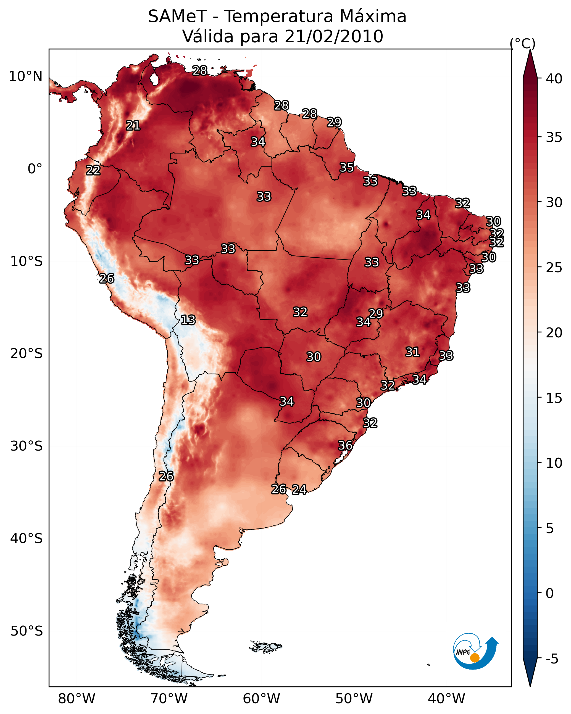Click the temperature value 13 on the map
coord(188,320)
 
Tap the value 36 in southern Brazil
coord(345,445)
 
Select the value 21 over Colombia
coord(133,126)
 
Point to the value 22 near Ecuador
coord(93,170)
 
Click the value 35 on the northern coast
coord(347,168)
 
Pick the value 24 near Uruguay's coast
coord(299,490)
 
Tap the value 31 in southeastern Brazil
coord(413,352)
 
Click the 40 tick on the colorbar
coord(554,79)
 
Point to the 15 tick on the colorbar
coord(554,398)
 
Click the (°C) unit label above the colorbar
coord(523,43)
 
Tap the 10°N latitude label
coord(25,76)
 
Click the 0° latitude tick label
coord(35,169)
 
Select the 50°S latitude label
coord(27,631)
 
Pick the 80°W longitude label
coord(77,699)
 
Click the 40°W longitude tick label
coord(446,699)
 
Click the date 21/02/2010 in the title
coord(334,36)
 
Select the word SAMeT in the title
coord(177,17)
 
